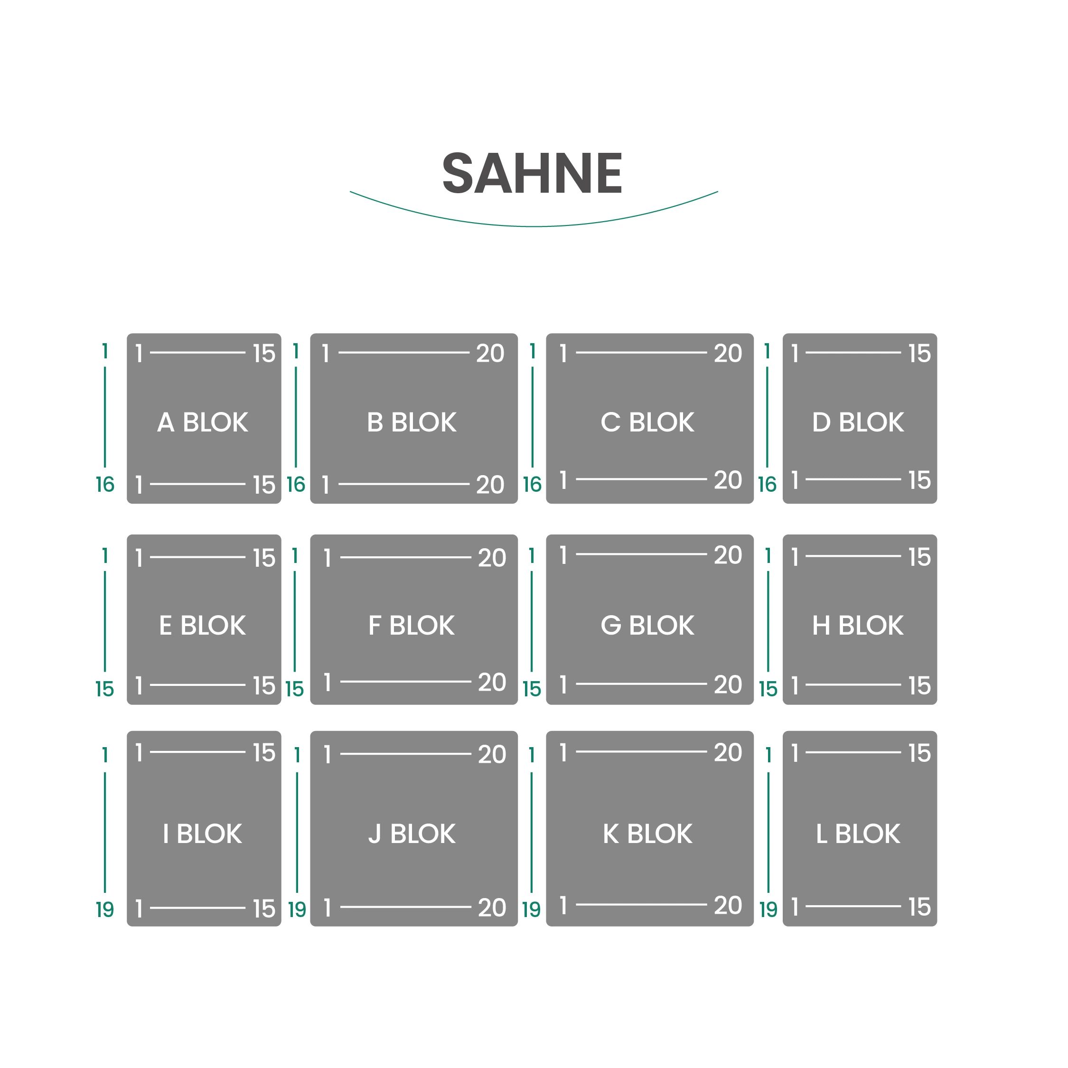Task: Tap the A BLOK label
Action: click(x=202, y=422)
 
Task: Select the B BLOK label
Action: click(x=412, y=422)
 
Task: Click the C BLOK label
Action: click(x=647, y=422)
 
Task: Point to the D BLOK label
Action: click(x=858, y=422)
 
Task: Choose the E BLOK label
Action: click(x=202, y=626)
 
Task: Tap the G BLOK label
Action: click(x=647, y=626)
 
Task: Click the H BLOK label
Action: click(x=858, y=626)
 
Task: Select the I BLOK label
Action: click(x=202, y=834)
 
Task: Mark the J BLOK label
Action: click(x=412, y=834)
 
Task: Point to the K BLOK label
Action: click(x=647, y=834)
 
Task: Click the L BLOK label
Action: click(x=858, y=834)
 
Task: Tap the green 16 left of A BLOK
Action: click(x=105, y=485)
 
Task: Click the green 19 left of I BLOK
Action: click(x=105, y=909)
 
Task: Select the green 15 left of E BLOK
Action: click(x=105, y=689)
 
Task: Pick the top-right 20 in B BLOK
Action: click(x=490, y=354)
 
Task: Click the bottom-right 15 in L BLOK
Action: click(x=920, y=907)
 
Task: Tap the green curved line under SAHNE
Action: click(x=534, y=226)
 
